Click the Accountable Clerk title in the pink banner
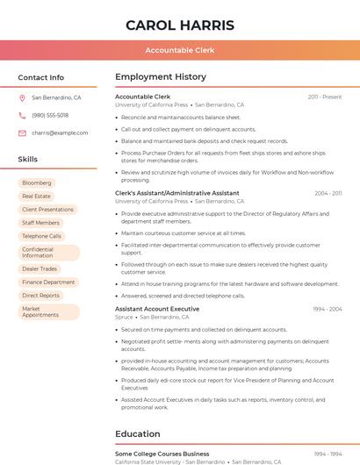pos(179,50)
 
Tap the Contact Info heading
pos(40,77)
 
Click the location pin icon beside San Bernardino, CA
pos(22,98)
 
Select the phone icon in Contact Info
pos(22,115)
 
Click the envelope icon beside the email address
pos(22,132)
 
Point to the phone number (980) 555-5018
pos(50,115)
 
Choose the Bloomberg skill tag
pos(37,183)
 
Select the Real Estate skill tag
pos(36,197)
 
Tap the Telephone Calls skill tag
pos(41,236)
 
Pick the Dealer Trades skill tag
pos(40,269)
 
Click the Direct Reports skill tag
pos(40,296)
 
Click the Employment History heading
pos(160,77)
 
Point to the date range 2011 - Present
pos(324,97)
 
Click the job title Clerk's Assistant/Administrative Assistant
pos(176,193)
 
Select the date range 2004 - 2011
pos(328,193)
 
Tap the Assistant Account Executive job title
pos(156,309)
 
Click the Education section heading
pos(137,433)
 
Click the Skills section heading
pos(27,160)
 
